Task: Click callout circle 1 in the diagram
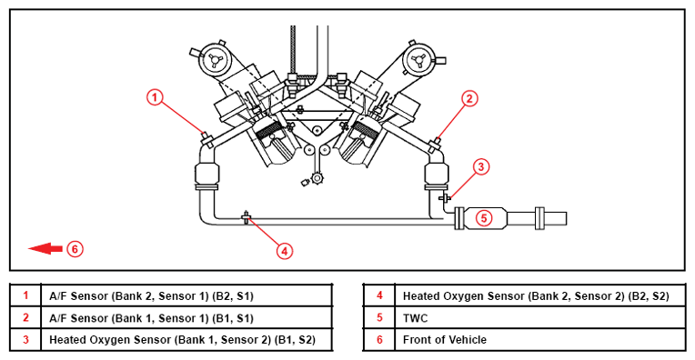pos(155,97)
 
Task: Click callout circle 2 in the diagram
pos(469,98)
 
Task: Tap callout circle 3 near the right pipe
pos(481,167)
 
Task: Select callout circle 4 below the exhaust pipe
pos(285,251)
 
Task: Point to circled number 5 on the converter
pos(484,218)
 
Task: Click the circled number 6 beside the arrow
pos(75,249)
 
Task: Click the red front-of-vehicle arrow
pos(45,249)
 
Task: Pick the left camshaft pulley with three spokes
pos(215,60)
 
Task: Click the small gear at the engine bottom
pos(317,178)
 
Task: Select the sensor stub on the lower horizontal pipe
pos(246,217)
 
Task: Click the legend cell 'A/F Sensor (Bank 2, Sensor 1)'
pos(151,295)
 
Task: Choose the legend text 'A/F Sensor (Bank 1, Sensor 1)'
pos(151,318)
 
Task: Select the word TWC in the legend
pos(416,318)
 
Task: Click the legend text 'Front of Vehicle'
pos(445,340)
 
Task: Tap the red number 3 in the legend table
pos(25,340)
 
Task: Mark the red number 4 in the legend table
pos(379,295)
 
